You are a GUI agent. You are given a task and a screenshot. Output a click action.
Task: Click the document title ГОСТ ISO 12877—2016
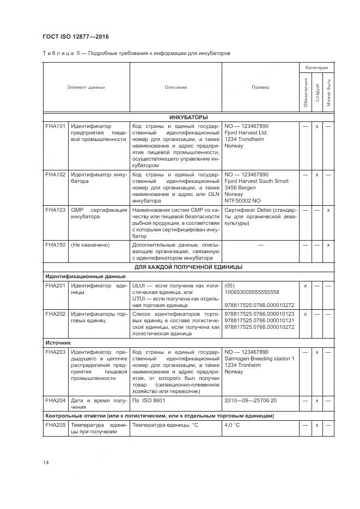75,36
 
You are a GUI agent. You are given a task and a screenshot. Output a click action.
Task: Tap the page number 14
46,462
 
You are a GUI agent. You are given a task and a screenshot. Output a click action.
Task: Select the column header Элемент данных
86,87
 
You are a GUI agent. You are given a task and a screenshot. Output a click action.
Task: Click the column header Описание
175,87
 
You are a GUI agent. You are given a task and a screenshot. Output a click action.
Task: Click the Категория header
316,68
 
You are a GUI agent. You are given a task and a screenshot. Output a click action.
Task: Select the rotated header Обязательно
306,93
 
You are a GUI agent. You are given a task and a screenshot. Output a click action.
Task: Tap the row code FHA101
55,126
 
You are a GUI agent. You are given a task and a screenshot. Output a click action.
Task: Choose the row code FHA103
55,210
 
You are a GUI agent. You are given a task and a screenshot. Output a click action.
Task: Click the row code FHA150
55,245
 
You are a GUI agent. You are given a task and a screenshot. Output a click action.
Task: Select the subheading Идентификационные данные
77,277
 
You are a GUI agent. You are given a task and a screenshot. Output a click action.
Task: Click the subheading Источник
58,344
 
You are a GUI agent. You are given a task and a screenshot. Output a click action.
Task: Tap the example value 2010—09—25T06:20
251,400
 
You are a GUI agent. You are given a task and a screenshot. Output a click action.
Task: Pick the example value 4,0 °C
232,425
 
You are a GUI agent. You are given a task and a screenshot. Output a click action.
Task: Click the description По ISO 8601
148,400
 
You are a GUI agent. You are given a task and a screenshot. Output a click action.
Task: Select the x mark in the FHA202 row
305,314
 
